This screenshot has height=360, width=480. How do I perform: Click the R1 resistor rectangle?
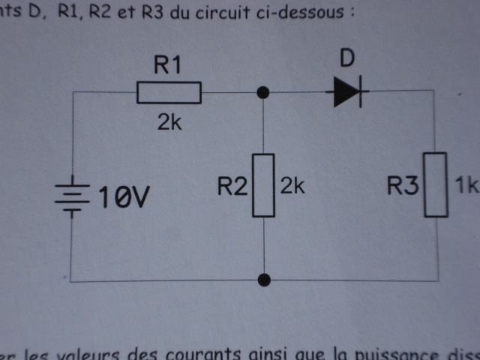point(169,92)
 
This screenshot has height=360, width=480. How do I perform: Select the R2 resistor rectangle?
point(263,184)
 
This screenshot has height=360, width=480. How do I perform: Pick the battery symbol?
point(71,197)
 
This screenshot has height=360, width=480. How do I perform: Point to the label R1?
point(168,66)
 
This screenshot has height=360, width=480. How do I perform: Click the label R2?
point(232,185)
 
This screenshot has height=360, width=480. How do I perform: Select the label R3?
point(403,185)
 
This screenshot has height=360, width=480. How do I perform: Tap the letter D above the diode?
point(346,59)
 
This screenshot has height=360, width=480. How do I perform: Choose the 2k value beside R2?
point(292,186)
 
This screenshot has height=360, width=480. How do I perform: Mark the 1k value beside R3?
point(466,186)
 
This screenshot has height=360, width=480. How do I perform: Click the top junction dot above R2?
point(263,92)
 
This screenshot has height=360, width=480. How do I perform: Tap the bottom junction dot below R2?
point(263,280)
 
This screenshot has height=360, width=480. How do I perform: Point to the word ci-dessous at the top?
point(304,13)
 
